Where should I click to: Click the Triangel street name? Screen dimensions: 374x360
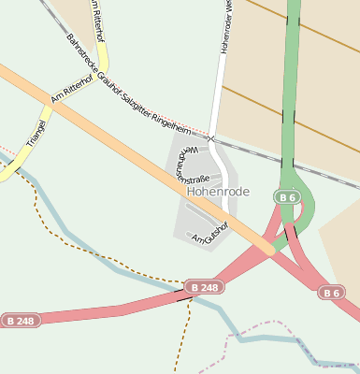click(38, 132)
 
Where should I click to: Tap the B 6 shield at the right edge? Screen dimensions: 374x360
click(332, 293)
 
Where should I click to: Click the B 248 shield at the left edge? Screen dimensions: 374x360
click(21, 321)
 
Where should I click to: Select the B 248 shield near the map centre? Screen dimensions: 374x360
click(203, 287)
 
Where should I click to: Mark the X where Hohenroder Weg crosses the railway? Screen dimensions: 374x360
click(212, 139)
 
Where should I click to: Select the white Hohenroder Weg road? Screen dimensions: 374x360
click(218, 93)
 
